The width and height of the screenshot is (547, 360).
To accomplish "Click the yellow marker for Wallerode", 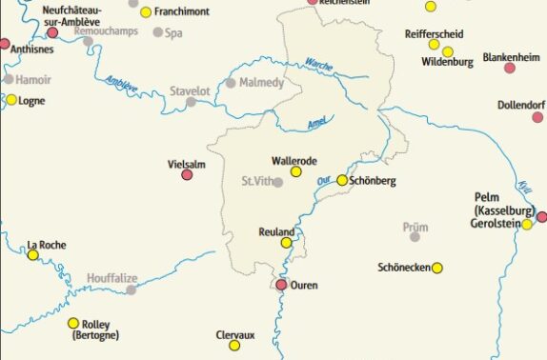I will pos(295,171).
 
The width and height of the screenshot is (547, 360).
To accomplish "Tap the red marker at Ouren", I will pos(282,284).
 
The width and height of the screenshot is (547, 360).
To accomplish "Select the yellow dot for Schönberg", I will pos(342,180).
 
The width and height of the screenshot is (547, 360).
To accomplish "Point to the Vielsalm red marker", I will pos(187,174).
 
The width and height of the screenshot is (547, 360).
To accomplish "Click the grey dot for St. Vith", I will pos(277,182).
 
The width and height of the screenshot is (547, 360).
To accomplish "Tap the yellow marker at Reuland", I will pos(286,243).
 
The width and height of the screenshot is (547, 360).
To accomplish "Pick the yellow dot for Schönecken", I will pos(437,268).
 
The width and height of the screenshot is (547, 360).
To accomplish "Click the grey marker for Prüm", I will pos(415,236).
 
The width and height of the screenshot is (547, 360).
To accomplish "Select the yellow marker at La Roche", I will pos(32,254).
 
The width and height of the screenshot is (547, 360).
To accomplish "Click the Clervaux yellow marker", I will pos(234,345).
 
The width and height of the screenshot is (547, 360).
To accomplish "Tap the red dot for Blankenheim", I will pos(510,68).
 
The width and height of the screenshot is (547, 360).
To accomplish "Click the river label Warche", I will pos(318,65).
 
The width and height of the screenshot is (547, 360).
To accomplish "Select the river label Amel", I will pos(320,124).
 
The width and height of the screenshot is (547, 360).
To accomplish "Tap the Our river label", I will pos(323,176).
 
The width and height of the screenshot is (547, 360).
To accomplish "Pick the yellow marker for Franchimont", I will pos(146,12).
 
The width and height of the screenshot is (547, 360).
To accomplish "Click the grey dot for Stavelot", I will pos(192,102).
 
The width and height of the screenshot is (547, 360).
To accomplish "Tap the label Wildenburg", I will pos(447,63).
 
